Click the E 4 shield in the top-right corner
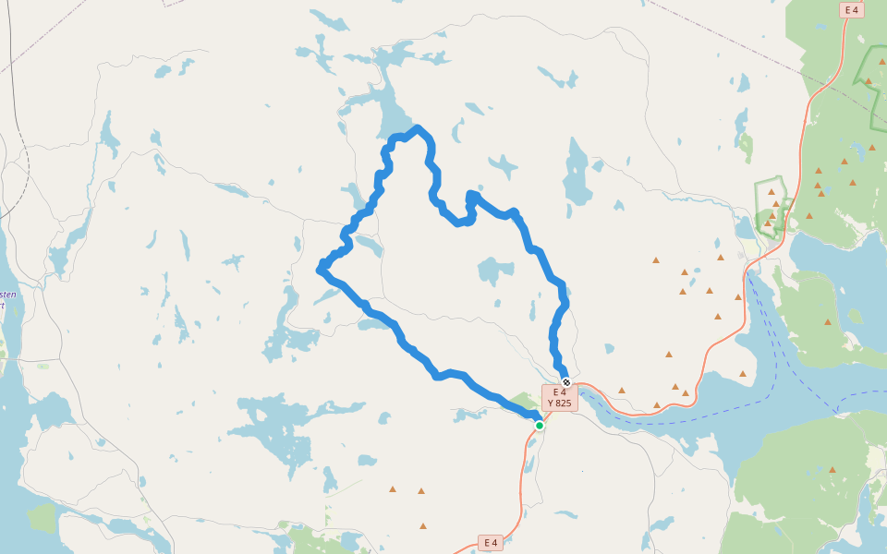(851, 10)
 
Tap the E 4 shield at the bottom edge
(491, 543)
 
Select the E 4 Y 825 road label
(559, 398)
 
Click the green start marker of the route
(539, 426)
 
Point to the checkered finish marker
(566, 382)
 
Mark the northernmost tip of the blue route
(418, 128)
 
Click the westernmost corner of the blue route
(320, 270)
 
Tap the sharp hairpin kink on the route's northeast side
(471, 195)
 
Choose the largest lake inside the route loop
(495, 271)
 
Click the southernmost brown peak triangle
(423, 526)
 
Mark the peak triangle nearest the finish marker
(622, 390)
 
